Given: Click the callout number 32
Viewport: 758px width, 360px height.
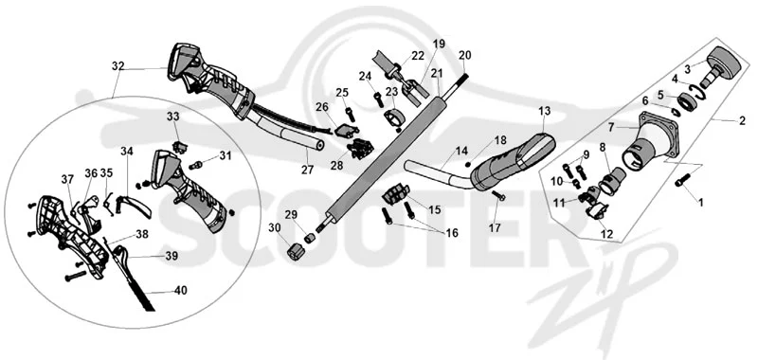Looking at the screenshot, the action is [117, 66].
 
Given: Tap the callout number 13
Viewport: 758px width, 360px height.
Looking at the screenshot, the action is [544, 112].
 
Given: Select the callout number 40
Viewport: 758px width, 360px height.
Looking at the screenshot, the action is [181, 291].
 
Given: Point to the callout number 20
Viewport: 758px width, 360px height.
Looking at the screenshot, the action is [464, 55].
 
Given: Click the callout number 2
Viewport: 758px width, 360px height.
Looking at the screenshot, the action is [742, 121].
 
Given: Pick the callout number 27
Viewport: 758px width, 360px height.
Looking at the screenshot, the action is [307, 170].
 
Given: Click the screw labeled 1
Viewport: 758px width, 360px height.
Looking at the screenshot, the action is [681, 181].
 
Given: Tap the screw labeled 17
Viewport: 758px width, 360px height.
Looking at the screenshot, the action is [498, 195].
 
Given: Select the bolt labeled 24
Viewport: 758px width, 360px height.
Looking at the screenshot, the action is [378, 99].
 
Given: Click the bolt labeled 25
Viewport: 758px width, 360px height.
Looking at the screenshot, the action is [350, 114].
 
